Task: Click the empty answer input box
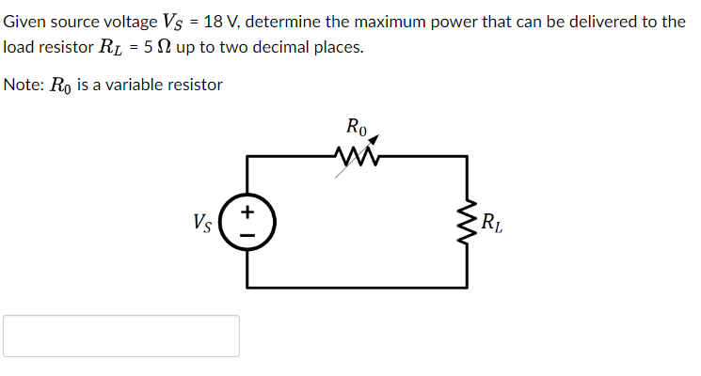tap(121, 336)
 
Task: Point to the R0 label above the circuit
tap(358, 125)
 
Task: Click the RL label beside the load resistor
tap(491, 224)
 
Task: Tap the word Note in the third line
tap(22, 85)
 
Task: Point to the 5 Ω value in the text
tap(165, 48)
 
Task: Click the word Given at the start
tap(25, 22)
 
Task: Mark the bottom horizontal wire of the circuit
tap(358, 286)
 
